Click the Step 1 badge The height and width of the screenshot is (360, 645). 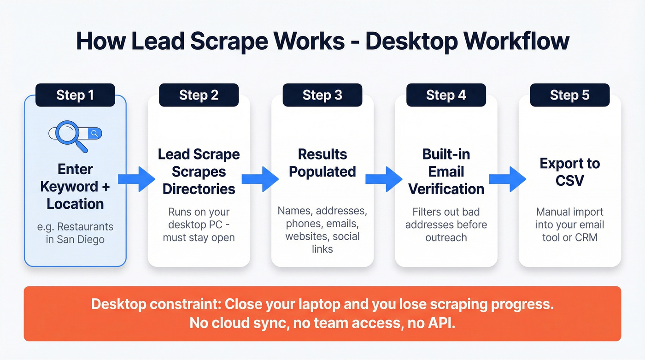pyautogui.click(x=75, y=95)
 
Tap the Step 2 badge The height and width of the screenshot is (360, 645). pyautogui.click(x=199, y=95)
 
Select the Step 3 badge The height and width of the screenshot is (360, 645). pyautogui.click(x=322, y=95)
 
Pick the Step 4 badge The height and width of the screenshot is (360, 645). pyautogui.click(x=446, y=95)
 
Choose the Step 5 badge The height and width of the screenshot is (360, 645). pyautogui.click(x=569, y=95)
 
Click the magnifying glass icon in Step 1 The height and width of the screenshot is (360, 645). pyautogui.click(x=69, y=134)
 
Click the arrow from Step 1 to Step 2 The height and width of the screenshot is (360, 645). pyautogui.click(x=136, y=179)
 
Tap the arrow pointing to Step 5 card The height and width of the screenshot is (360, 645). pyautogui.click(x=507, y=179)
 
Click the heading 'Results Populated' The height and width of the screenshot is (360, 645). pyautogui.click(x=322, y=163)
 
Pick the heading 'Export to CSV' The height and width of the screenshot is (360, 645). pyautogui.click(x=569, y=171)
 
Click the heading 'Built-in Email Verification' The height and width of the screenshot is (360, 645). pyautogui.click(x=446, y=171)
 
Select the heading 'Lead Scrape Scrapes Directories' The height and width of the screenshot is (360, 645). pyautogui.click(x=199, y=171)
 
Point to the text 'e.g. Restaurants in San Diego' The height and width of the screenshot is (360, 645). pyautogui.click(x=75, y=233)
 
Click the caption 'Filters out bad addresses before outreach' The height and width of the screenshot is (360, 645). pyautogui.click(x=446, y=224)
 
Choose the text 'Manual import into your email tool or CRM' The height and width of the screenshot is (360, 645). pyautogui.click(x=569, y=224)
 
